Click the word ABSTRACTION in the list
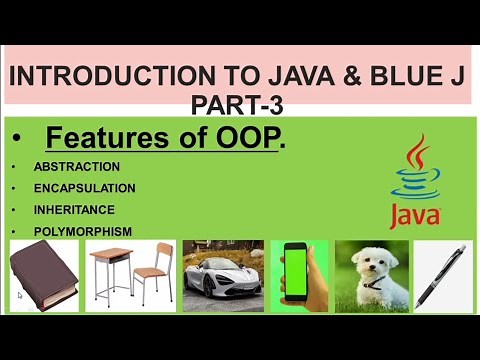click(76, 166)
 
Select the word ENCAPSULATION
click(84, 188)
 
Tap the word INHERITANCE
click(74, 210)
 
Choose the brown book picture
click(45, 276)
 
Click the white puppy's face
click(366, 262)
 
